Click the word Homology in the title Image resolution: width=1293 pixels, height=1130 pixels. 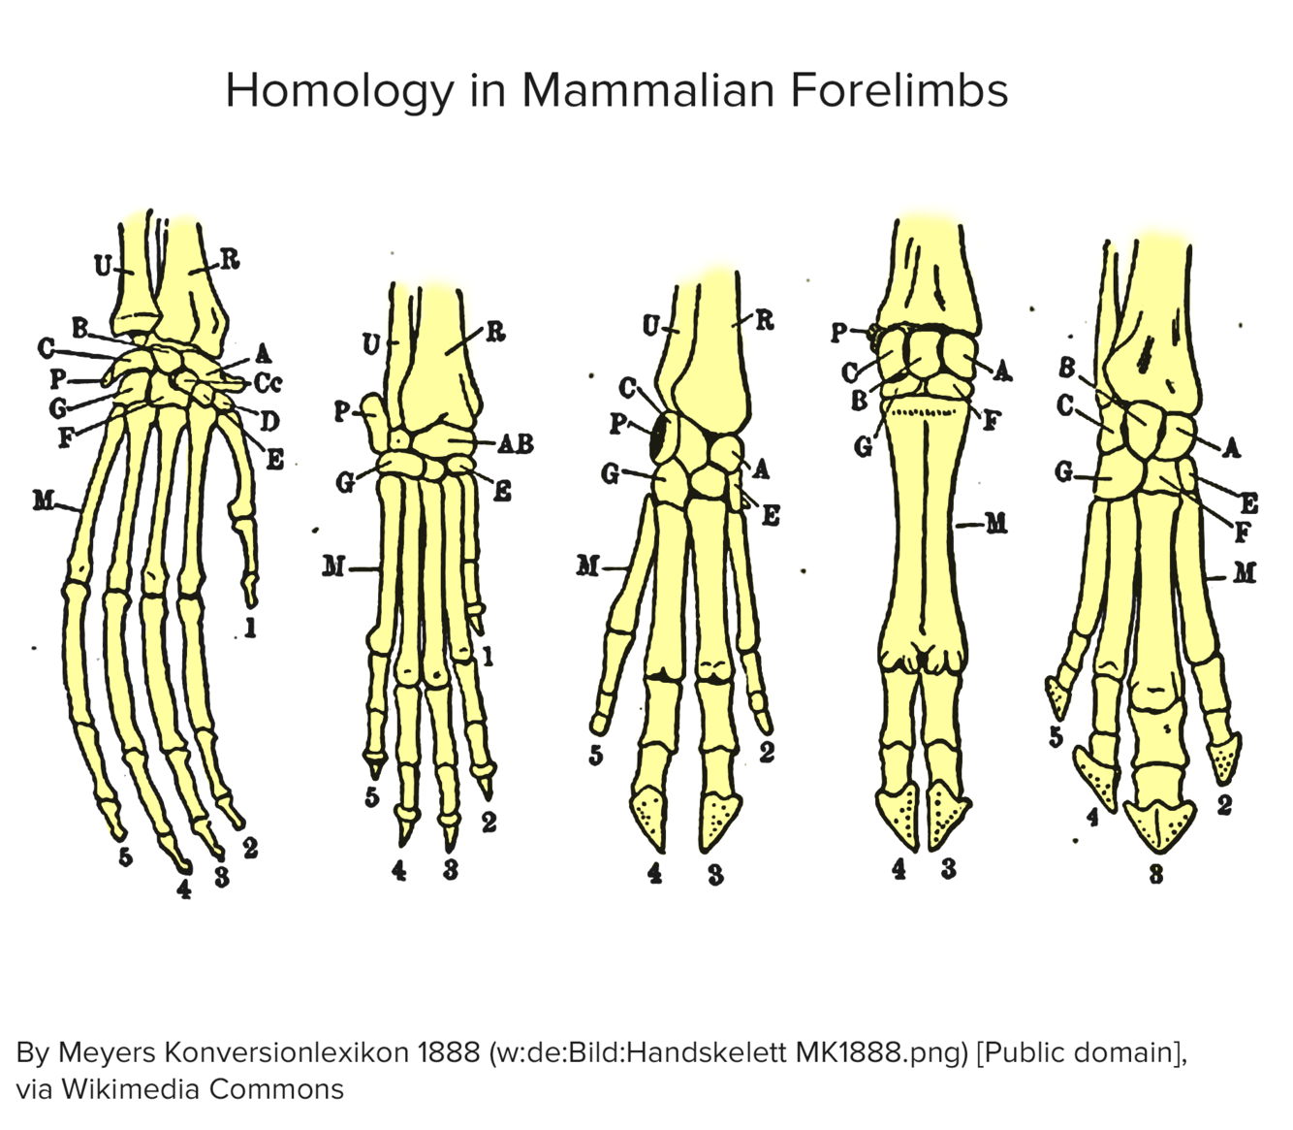click(339, 91)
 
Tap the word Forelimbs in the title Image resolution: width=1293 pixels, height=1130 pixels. click(899, 91)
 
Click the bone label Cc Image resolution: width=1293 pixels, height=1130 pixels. click(268, 383)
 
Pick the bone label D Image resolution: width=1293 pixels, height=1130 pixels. click(268, 421)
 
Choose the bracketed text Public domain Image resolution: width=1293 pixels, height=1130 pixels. click(1080, 1052)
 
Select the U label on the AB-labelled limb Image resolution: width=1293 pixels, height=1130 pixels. click(371, 343)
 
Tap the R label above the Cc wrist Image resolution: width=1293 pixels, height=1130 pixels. click(230, 259)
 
